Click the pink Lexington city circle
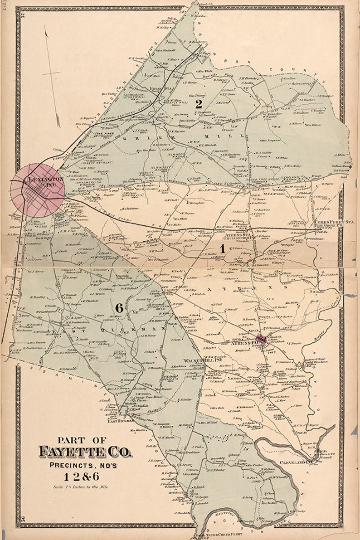click(37, 190)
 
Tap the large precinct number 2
click(198, 104)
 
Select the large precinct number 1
click(223, 248)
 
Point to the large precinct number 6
click(119, 308)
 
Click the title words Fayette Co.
click(85, 452)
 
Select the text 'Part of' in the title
click(83, 439)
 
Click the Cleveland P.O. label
click(296, 462)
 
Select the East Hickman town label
click(120, 420)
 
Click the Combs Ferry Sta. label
click(327, 222)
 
